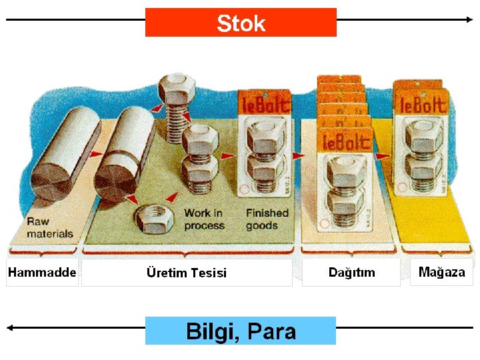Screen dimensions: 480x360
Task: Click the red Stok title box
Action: coord(241,23)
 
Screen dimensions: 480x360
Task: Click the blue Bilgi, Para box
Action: coord(241,331)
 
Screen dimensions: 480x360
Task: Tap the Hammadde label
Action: coord(42,273)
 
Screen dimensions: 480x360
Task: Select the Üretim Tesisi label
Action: coord(186,273)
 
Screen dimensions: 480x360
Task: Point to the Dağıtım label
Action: coord(351,272)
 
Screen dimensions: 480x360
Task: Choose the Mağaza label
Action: coord(441,272)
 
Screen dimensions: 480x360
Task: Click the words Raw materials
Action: coord(50,228)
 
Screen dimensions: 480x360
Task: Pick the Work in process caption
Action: coord(204,219)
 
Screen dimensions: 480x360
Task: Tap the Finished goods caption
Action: coord(267,219)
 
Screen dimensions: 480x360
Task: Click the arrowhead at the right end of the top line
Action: coord(470,20)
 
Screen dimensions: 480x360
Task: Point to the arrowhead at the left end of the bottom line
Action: coord(9,327)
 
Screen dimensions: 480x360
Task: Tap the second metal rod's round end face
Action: coord(116,180)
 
